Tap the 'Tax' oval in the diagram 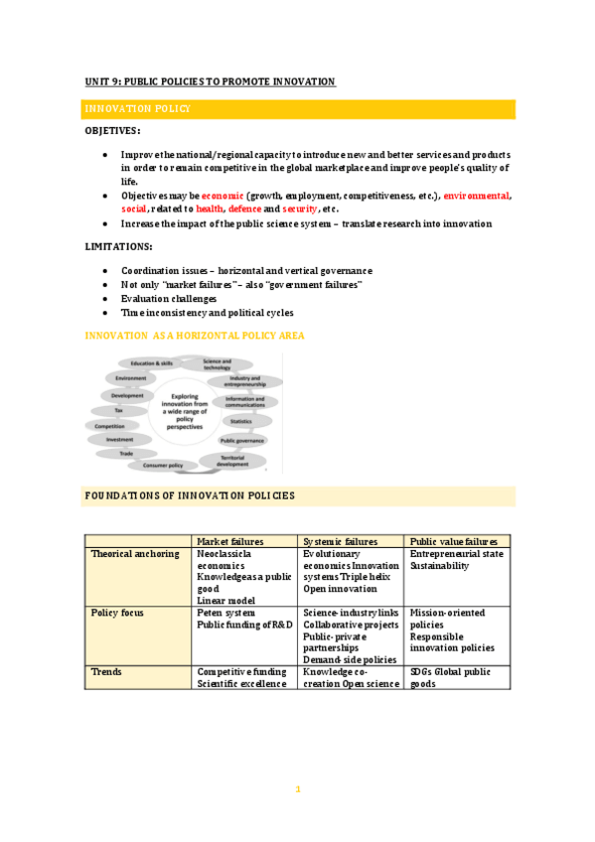coord(119,410)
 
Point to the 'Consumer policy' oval coord(162,464)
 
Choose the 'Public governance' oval coord(241,440)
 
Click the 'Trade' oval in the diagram coord(126,453)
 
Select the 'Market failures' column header coord(229,541)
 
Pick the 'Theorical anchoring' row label coord(135,554)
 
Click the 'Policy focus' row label coord(117,613)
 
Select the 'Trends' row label coord(105,672)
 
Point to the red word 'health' coord(210,210)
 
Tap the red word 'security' coord(300,210)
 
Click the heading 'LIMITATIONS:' coord(118,245)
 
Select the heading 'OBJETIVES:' coord(112,131)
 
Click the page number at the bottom coord(297,789)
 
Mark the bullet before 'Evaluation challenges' coord(106,298)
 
